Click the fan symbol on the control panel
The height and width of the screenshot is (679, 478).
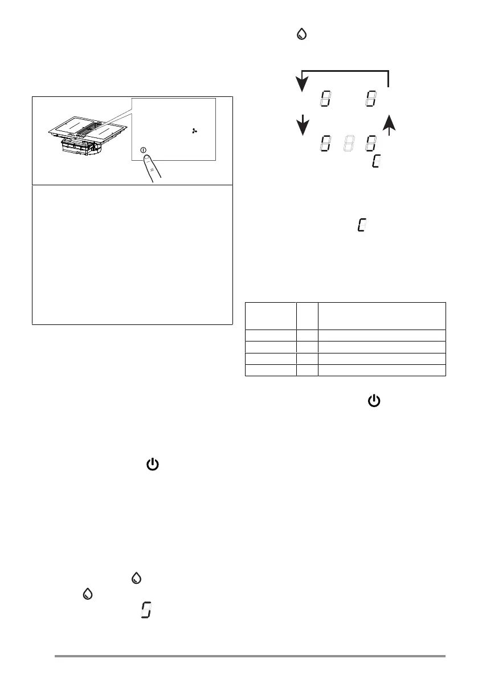pos(195,131)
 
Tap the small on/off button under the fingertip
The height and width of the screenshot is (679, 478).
pos(142,151)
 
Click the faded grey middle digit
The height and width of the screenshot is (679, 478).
pos(347,143)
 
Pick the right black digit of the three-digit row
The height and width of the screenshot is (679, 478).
pos(371,143)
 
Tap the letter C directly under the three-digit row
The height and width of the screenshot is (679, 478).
pos(376,161)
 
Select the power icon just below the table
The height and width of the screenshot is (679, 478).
pos(374,402)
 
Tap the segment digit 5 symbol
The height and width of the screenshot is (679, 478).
pos(146,613)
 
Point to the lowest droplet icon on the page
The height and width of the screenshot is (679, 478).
pos(87,594)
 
